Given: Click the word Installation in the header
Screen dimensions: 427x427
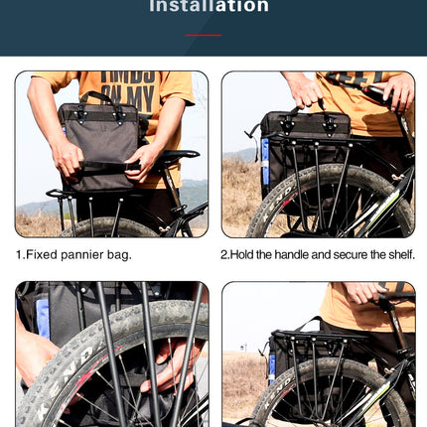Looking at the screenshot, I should tap(209, 7).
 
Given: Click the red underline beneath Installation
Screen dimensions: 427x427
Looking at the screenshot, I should tap(203, 35).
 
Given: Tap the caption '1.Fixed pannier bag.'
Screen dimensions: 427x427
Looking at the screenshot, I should tap(73, 254).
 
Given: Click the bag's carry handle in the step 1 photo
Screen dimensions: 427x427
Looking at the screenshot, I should tap(97, 99).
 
